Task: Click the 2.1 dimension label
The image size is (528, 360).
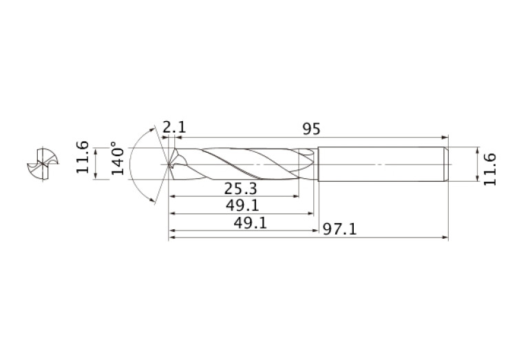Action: [174, 128]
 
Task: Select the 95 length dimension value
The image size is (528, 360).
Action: [312, 128]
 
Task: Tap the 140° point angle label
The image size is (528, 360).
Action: [117, 160]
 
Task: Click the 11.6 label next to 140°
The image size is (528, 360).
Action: [83, 157]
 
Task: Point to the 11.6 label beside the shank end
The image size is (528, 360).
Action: [489, 168]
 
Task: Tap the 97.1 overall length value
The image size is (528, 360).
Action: [340, 229]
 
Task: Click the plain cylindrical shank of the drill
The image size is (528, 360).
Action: [379, 165]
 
